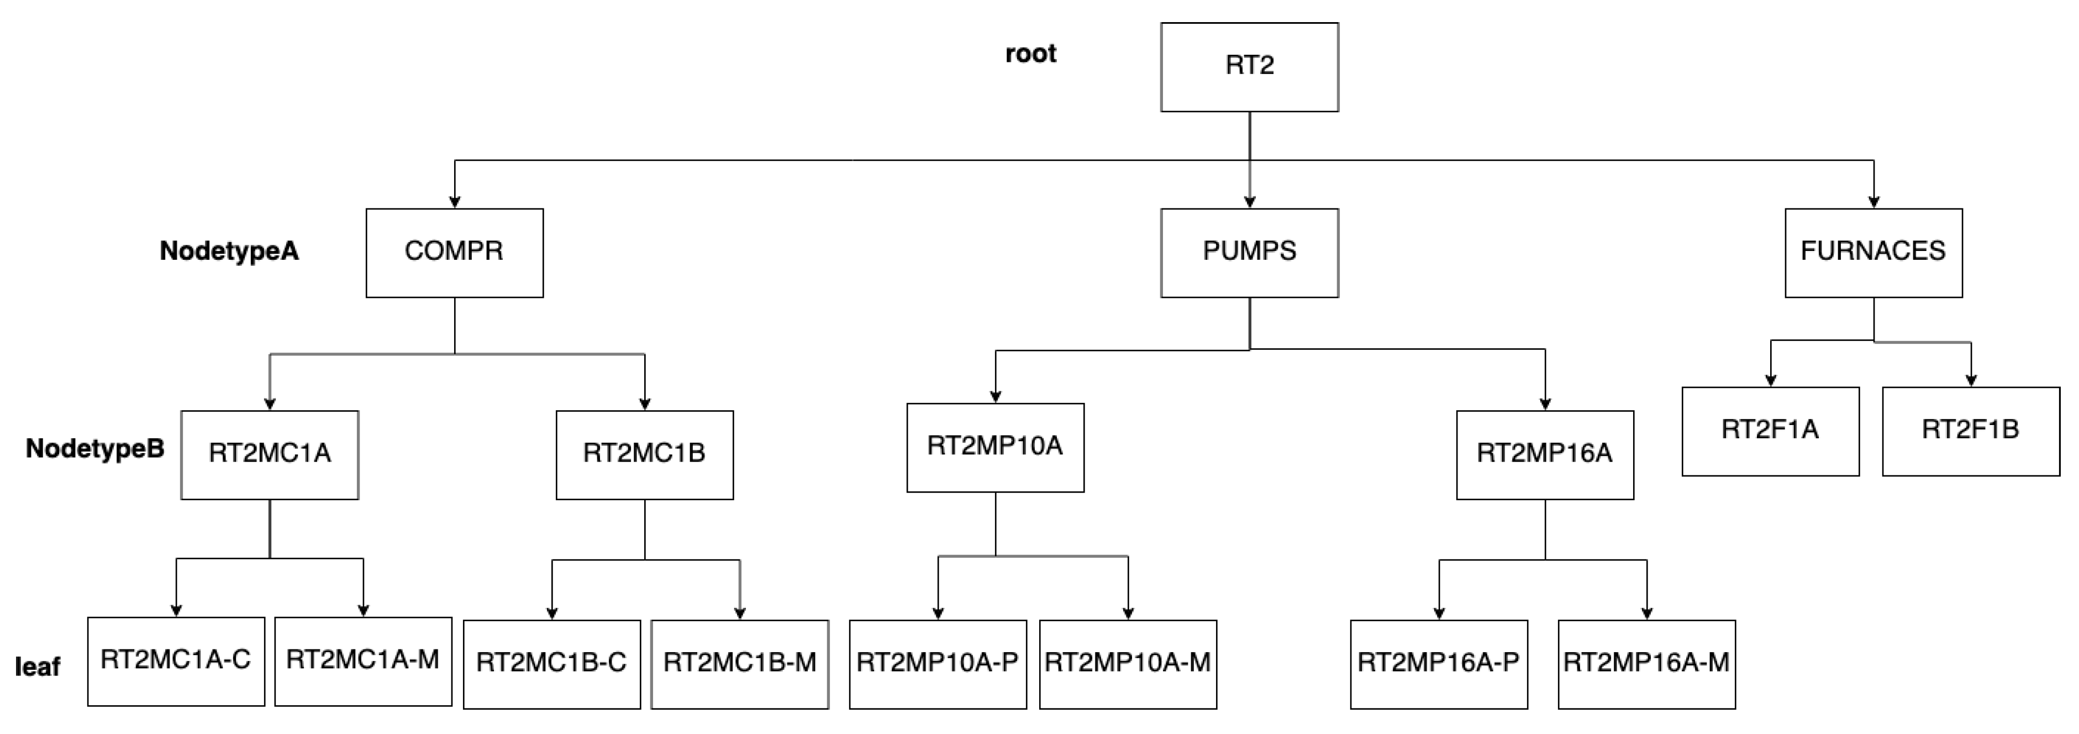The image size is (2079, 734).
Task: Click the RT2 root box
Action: (1249, 66)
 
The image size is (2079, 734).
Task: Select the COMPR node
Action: (454, 252)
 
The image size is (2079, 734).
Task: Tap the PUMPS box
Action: (1249, 252)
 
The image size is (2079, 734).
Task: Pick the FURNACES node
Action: (1872, 252)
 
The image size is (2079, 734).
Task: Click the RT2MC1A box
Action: (270, 454)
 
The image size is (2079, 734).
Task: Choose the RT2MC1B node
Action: (644, 454)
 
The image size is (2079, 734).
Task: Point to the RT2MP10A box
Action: (994, 447)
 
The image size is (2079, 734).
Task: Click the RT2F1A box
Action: (1770, 431)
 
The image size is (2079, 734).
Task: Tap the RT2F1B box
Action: (1970, 431)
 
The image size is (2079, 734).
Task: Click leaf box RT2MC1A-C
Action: (176, 660)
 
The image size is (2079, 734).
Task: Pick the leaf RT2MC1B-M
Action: (739, 663)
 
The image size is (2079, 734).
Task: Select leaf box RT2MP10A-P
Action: (937, 663)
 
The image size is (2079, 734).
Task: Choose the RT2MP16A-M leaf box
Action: (1646, 663)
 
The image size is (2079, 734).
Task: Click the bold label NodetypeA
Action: (229, 251)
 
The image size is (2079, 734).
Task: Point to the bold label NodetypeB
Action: (95, 449)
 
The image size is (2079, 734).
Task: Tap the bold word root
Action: (1030, 54)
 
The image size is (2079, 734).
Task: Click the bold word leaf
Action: (37, 667)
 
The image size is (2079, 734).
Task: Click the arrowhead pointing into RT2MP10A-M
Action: (1128, 614)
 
